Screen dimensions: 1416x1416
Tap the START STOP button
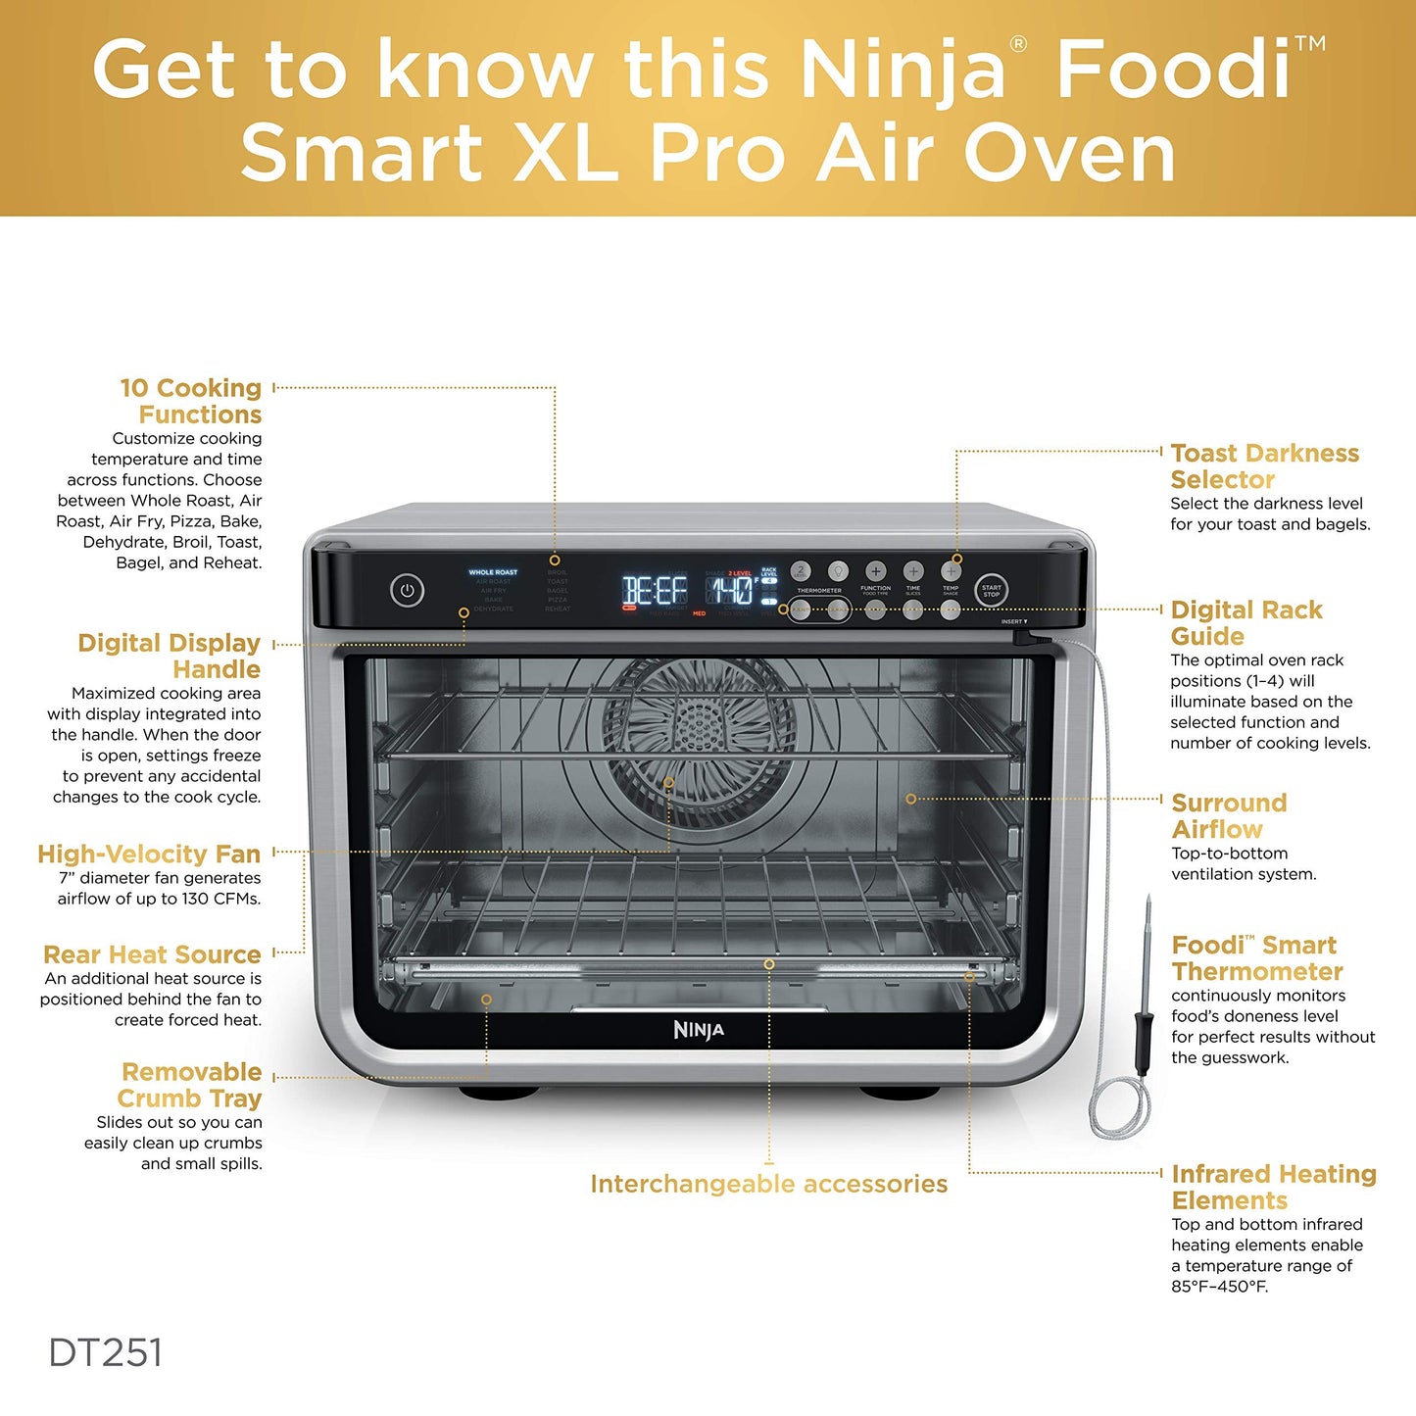click(991, 591)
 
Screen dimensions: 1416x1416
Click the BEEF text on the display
click(655, 591)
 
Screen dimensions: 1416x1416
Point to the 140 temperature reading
click(731, 591)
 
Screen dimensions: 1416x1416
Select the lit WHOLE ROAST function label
click(493, 572)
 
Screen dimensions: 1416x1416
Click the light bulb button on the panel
click(838, 570)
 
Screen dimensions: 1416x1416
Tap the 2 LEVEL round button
click(801, 570)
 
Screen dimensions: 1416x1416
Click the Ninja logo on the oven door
click(699, 1030)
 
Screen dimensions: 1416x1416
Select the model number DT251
click(106, 1353)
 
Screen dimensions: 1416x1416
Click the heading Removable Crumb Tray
click(190, 1085)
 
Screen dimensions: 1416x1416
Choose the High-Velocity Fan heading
click(149, 854)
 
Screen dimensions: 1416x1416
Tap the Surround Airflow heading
click(1229, 815)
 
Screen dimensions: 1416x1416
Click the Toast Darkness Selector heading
click(1264, 466)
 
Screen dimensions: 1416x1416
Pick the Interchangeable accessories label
click(768, 1184)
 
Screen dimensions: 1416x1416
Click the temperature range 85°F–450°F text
click(1219, 1287)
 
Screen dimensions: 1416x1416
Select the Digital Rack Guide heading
click(1245, 622)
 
